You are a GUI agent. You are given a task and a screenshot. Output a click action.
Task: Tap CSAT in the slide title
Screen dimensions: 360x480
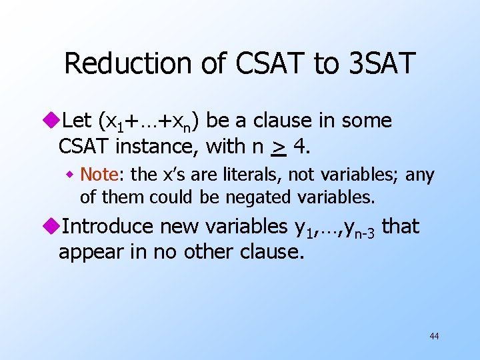(x=261, y=64)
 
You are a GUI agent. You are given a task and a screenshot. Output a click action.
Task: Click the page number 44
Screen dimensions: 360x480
(x=434, y=336)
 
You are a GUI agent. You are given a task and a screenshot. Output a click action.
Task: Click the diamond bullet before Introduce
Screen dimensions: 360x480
(x=53, y=227)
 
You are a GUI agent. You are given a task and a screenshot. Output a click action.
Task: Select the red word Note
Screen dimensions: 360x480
(x=99, y=175)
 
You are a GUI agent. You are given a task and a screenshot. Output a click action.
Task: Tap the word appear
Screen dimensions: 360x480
(x=87, y=252)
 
